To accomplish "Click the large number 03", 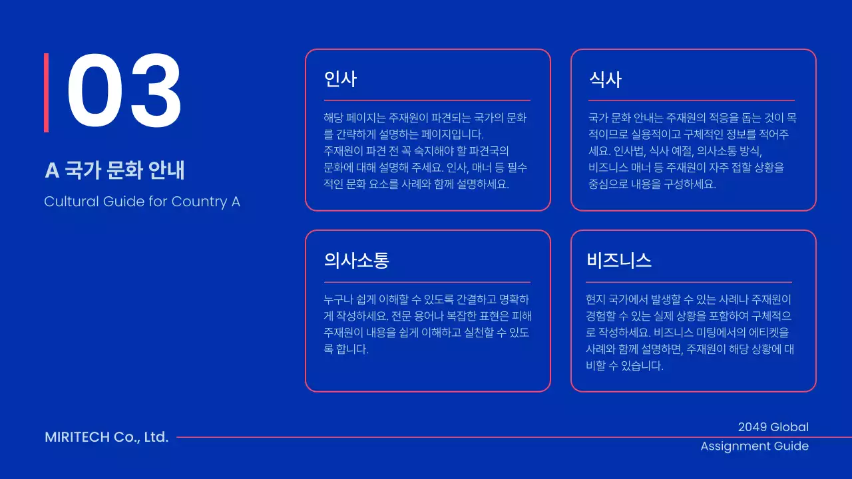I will pos(124,92).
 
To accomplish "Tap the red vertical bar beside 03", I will pos(47,92).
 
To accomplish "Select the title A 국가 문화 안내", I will pos(114,170).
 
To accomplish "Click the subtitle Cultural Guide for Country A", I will pos(142,202).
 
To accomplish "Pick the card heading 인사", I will pos(340,80).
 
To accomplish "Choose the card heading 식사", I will pos(605,80).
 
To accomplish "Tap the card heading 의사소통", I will pos(356,260).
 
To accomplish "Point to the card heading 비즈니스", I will pos(619,260).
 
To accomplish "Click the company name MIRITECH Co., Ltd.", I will pos(106,437).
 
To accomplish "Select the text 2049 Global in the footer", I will pos(773,427).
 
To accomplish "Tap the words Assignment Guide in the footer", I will pos(754,446).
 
